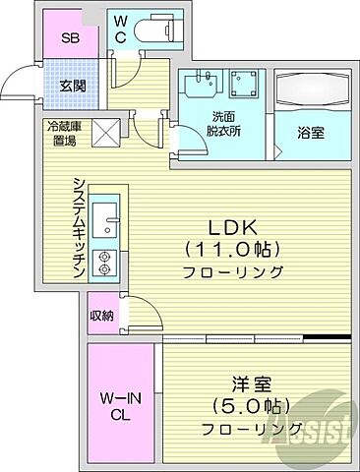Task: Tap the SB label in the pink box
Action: [70, 39]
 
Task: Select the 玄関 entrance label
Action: [71, 87]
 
